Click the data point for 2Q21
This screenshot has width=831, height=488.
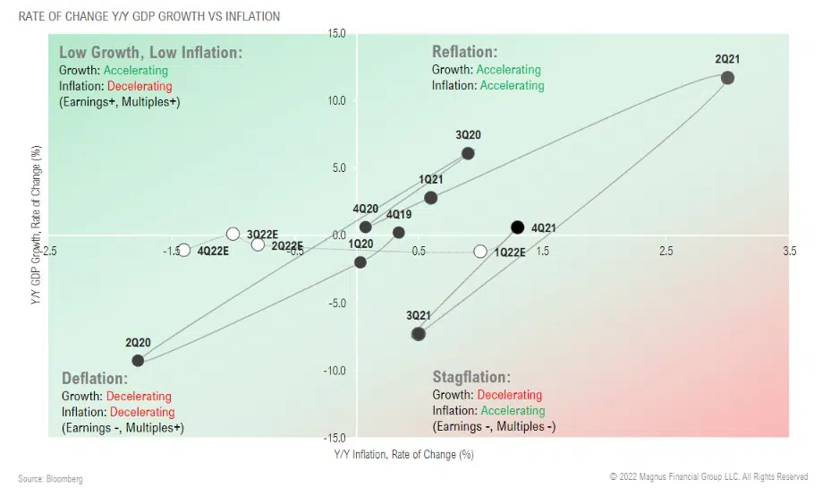[x=727, y=78]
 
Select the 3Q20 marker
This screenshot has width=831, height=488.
[x=468, y=153]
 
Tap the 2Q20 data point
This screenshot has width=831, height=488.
[x=138, y=360]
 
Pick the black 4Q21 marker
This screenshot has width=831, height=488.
[x=517, y=227]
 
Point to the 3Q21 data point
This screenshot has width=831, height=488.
[x=418, y=334]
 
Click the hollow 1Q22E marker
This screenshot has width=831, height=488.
[x=480, y=252]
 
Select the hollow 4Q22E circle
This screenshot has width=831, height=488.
[x=184, y=251]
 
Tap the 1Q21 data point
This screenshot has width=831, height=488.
[x=431, y=198]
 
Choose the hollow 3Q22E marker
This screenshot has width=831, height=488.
[x=233, y=234]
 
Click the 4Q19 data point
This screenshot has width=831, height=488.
[x=399, y=233]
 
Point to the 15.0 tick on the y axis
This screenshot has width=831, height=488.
[x=336, y=34]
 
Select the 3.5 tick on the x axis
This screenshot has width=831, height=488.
[x=789, y=252]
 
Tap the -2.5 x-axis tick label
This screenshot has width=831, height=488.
[x=48, y=252]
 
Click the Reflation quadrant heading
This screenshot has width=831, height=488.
[x=464, y=52]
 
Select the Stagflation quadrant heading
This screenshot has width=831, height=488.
[x=471, y=377]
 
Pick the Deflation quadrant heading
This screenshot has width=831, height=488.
[x=94, y=377]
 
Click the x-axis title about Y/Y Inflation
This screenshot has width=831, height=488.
[x=403, y=455]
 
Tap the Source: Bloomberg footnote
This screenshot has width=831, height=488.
[x=50, y=479]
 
